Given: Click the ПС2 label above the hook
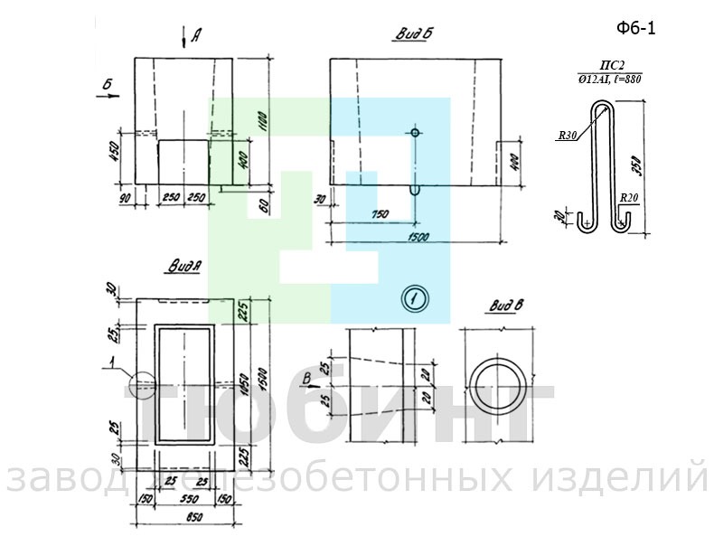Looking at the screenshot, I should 613,65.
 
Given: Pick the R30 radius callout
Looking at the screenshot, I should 567,136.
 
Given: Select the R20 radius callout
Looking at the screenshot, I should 629,195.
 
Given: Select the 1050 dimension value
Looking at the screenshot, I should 241,382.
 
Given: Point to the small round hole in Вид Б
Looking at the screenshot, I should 415,133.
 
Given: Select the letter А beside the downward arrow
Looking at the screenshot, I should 195,36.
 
